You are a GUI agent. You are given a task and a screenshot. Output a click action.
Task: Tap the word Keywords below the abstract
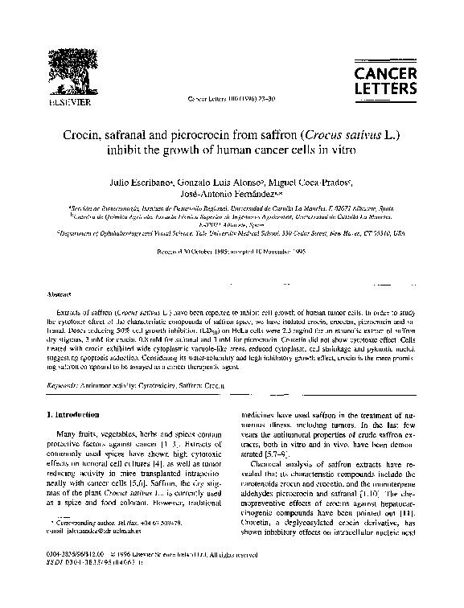[x=61, y=387]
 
